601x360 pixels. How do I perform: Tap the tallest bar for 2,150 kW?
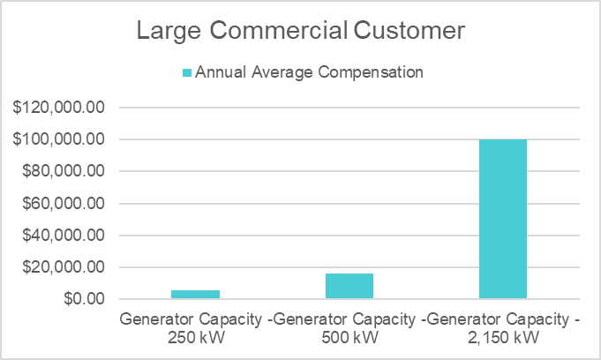tap(503, 219)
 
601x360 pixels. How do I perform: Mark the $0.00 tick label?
tap(86, 299)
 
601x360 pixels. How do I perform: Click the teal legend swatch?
tap(186, 72)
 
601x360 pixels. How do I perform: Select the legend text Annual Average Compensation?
tap(309, 72)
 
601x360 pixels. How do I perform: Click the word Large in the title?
tap(167, 32)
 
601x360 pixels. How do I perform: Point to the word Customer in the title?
tap(409, 32)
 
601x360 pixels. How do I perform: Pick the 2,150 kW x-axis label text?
tap(503, 336)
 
